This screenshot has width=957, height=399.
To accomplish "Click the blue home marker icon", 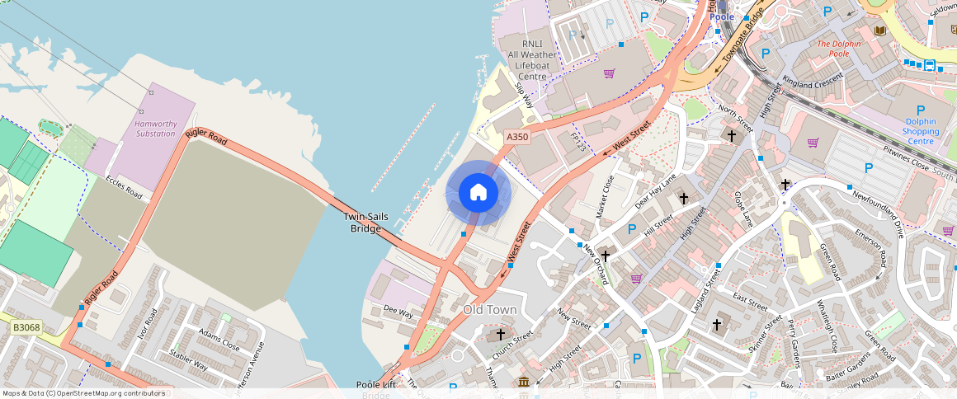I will tap(478, 193).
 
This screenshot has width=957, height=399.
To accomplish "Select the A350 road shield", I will tap(517, 137).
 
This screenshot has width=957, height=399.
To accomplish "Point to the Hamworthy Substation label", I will tap(155, 129).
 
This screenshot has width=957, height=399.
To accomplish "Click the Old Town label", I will tap(490, 310).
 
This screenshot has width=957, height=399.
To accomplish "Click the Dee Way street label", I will tap(398, 312).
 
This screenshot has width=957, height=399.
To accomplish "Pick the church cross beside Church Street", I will tap(500, 334).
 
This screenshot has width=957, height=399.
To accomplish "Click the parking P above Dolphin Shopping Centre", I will tap(921, 110).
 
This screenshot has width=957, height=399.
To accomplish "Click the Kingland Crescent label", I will tap(813, 81).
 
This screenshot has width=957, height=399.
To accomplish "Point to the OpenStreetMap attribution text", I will tap(84, 393).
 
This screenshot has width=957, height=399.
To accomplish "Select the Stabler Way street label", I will tap(188, 359).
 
